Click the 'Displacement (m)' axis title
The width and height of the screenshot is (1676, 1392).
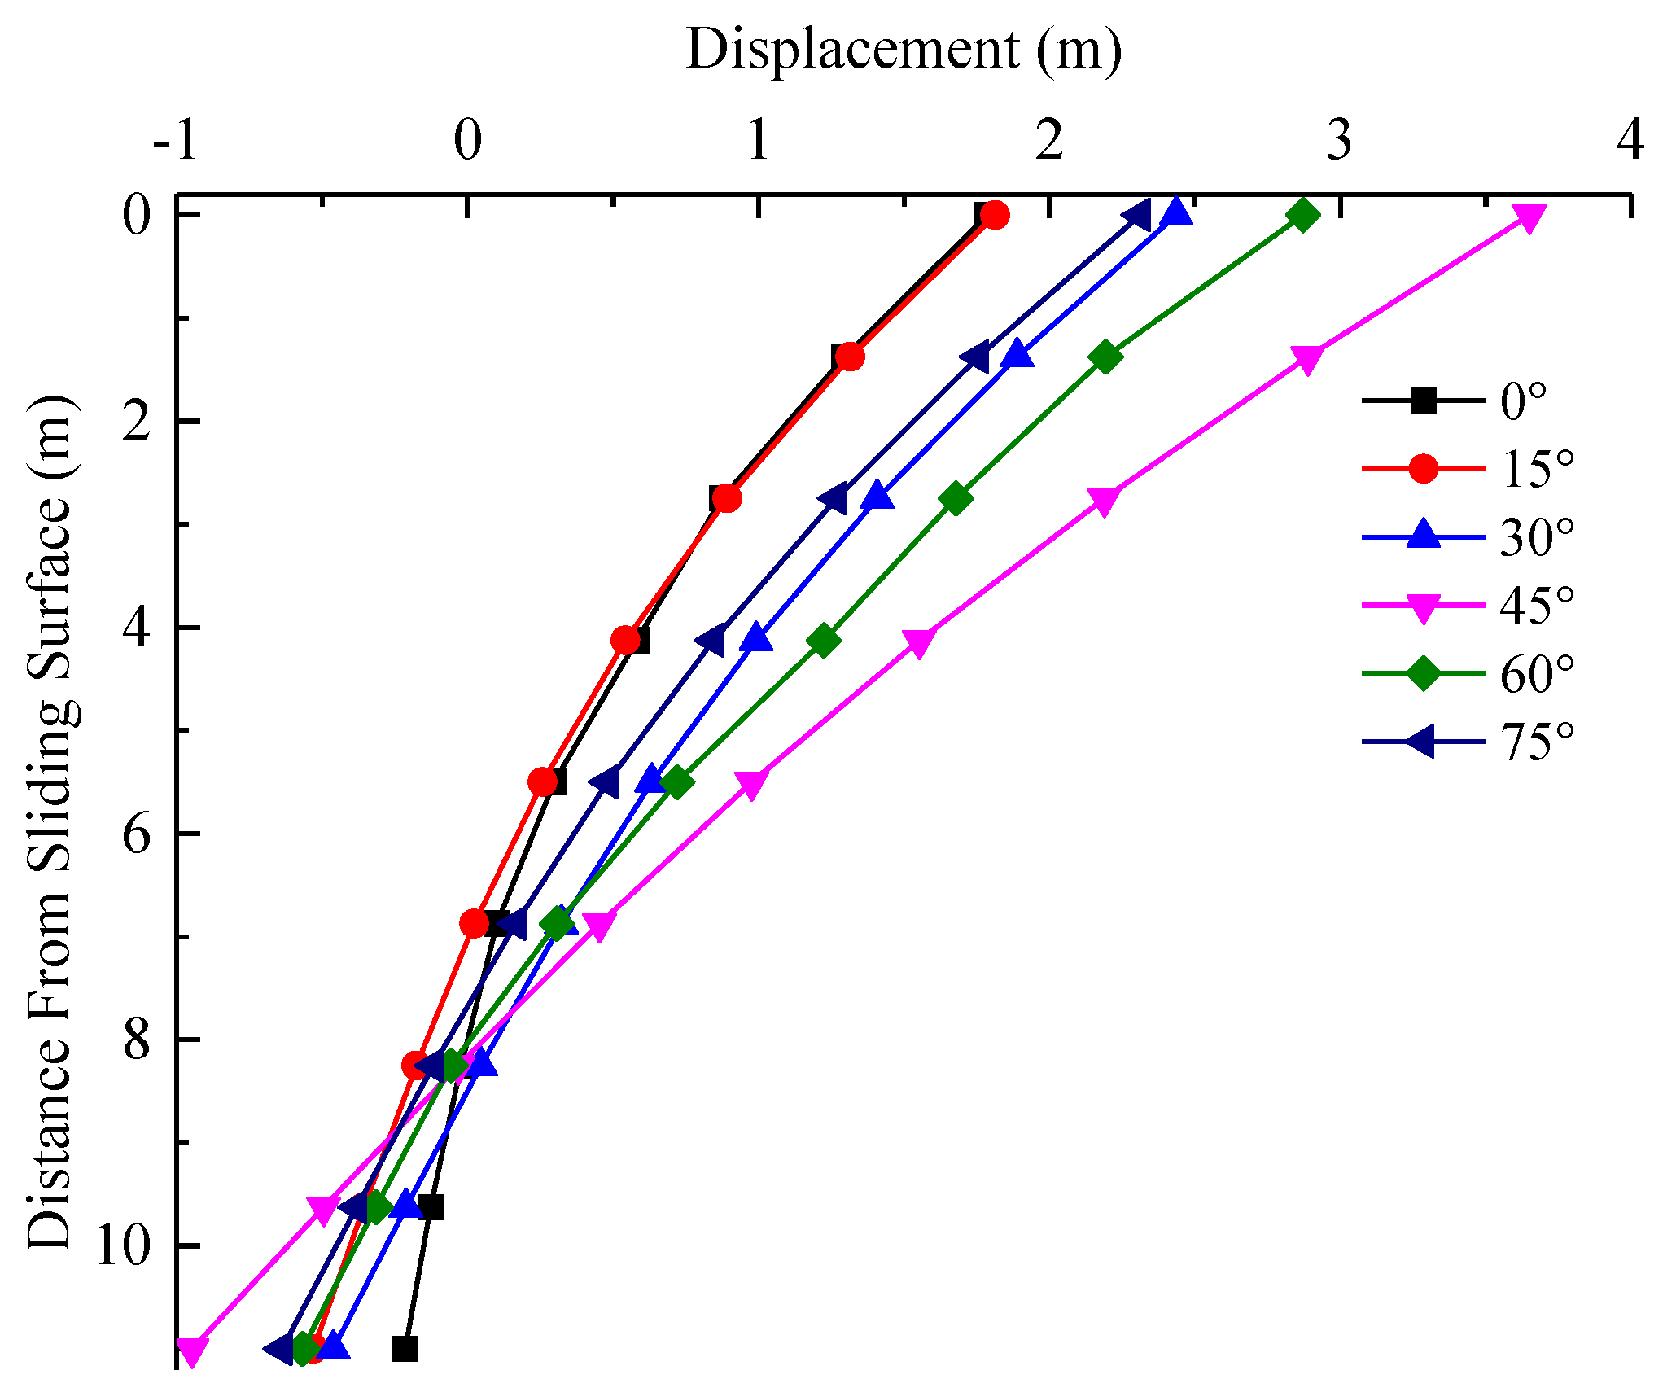point(904,50)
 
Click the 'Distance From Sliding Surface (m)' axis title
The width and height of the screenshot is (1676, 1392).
point(50,822)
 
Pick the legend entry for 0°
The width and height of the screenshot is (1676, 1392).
point(1457,401)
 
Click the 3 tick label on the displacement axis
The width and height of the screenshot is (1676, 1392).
point(1340,140)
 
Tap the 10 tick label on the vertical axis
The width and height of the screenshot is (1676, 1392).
point(122,1246)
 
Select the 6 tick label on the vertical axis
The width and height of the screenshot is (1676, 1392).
point(138,834)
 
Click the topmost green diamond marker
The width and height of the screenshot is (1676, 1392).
point(1303,216)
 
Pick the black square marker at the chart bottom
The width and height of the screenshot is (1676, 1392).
point(405,1350)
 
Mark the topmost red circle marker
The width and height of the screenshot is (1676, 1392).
point(995,216)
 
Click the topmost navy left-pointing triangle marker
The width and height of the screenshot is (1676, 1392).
point(1136,216)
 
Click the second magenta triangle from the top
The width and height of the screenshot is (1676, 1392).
point(1306,359)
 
